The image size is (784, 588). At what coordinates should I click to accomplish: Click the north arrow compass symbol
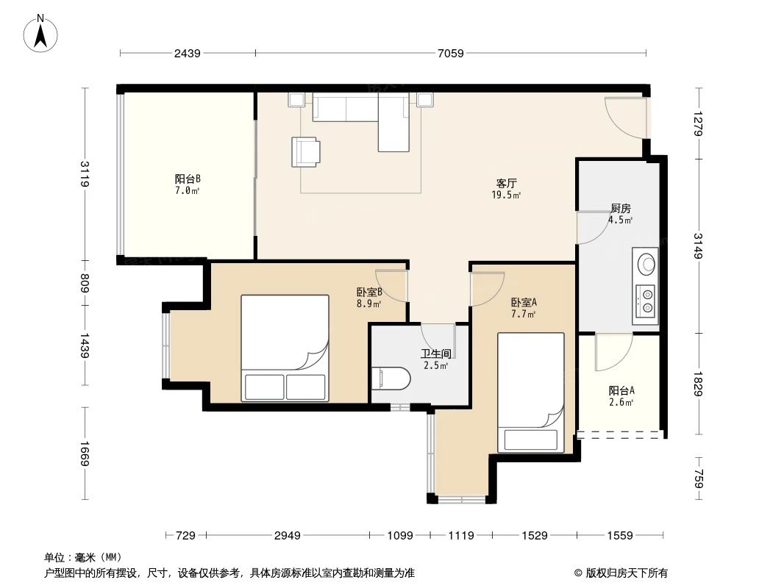pyautogui.click(x=42, y=33)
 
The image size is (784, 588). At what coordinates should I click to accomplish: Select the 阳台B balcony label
pyautogui.click(x=188, y=179)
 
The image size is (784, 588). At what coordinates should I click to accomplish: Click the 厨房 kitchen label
pyautogui.click(x=620, y=208)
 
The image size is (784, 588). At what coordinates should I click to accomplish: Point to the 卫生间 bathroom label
pyautogui.click(x=435, y=354)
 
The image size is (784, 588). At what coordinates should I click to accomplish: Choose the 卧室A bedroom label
pyautogui.click(x=523, y=302)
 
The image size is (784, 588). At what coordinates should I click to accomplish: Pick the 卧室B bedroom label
pyautogui.click(x=368, y=292)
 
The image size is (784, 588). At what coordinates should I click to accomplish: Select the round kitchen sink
pyautogui.click(x=646, y=263)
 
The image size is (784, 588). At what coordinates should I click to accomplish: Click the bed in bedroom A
pyautogui.click(x=530, y=392)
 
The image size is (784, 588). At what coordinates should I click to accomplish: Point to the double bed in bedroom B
pyautogui.click(x=285, y=348)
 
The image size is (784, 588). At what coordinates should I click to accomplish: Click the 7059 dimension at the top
pyautogui.click(x=451, y=53)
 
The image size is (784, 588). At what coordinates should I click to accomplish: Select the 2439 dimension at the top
pyautogui.click(x=188, y=53)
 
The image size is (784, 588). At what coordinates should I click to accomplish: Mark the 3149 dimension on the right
pyautogui.click(x=698, y=245)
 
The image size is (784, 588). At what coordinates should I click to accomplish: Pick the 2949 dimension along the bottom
pyautogui.click(x=288, y=536)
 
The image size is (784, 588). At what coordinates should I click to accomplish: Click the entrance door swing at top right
pyautogui.click(x=625, y=118)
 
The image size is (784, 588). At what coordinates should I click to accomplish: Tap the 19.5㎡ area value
pyautogui.click(x=506, y=195)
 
